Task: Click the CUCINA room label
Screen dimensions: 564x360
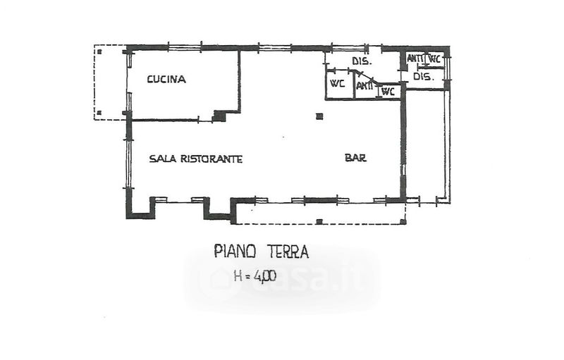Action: coord(166,79)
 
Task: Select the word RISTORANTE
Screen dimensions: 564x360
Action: coord(211,159)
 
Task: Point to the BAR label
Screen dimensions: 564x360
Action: coord(355,157)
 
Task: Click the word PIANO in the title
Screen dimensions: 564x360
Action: coord(235,251)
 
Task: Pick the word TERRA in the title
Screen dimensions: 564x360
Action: coord(288,251)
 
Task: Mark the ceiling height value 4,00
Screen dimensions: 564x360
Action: coord(265,276)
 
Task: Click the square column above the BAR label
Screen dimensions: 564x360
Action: coord(319,116)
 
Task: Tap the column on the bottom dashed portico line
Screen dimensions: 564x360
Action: coord(319,221)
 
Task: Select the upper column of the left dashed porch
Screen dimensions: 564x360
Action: coord(99,51)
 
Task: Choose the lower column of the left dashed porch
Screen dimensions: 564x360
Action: coord(99,112)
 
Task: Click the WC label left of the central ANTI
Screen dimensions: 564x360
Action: coord(338,83)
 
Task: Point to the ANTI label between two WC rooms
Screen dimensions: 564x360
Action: coord(364,86)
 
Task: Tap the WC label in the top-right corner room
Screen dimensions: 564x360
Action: coord(434,58)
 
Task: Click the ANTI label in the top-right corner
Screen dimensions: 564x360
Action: coord(415,58)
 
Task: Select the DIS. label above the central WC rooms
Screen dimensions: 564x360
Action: coord(362,61)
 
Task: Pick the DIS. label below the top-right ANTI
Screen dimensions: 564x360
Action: coord(424,76)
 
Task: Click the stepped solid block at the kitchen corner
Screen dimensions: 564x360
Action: coord(219,116)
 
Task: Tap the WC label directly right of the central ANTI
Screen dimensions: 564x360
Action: coord(388,92)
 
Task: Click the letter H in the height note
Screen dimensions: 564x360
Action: coord(238,276)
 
